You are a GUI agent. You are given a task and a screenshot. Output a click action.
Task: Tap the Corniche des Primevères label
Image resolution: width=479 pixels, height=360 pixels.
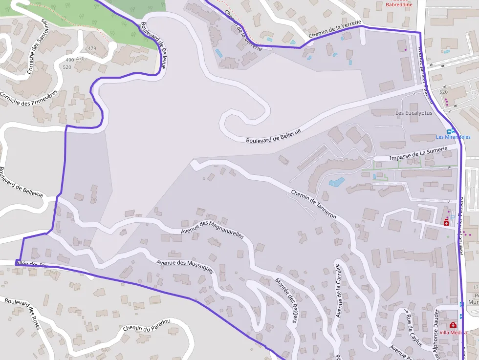(x=29, y=98)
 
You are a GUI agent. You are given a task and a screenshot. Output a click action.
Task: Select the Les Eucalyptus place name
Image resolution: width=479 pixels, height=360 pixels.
(x=414, y=113)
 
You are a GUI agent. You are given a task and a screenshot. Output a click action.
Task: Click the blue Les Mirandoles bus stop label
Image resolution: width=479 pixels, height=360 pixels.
(x=453, y=137)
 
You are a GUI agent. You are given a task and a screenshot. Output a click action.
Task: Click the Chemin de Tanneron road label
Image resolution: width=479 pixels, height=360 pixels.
(x=313, y=203)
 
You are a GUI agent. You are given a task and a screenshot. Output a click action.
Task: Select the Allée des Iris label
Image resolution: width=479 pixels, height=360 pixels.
(x=32, y=264)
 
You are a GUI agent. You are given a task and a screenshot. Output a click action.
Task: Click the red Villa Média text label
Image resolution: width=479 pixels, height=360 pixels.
(x=453, y=333)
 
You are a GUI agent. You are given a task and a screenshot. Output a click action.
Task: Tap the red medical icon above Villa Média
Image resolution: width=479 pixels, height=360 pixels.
(x=453, y=325)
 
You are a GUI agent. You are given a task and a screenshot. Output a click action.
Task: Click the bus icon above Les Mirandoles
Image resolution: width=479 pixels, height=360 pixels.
(x=453, y=131)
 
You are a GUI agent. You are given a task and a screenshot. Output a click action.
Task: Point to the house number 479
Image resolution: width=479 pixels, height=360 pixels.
(x=91, y=48)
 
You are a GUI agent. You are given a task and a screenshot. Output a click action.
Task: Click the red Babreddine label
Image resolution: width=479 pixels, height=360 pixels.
(x=399, y=4)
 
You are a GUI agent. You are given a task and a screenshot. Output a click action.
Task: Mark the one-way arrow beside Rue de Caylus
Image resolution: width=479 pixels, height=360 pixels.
(x=405, y=310)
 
